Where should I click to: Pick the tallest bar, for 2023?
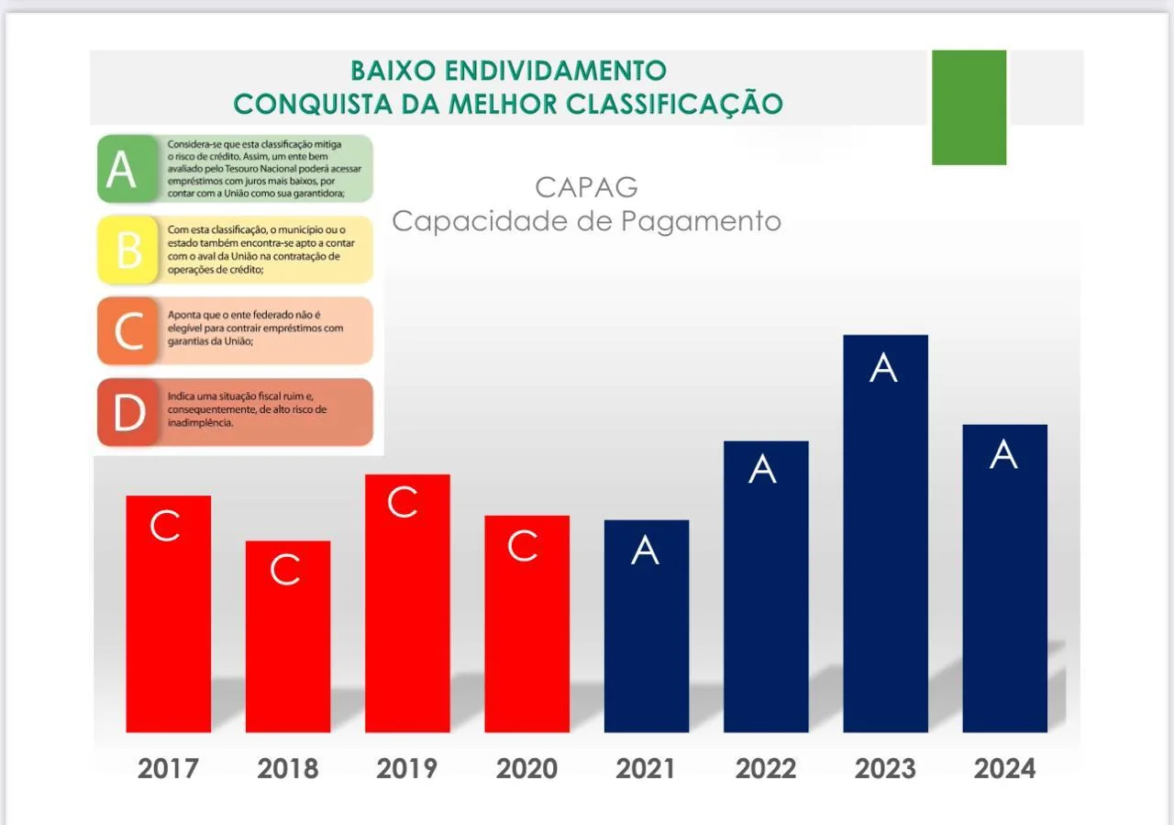point(885,533)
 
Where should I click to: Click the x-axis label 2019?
point(406,768)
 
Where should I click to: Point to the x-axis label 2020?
point(526,768)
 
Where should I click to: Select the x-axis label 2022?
point(766,768)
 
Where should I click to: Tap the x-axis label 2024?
point(1004,768)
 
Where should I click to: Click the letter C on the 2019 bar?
point(403,503)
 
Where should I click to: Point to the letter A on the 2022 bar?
point(762,470)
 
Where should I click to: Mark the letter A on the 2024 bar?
point(1003,455)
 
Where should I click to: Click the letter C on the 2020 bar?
point(522,546)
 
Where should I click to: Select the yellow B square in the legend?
point(129,250)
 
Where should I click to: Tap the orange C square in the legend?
point(128,330)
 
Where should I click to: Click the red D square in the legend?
point(128,412)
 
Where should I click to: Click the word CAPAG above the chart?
point(586,187)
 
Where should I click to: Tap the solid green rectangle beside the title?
point(969,107)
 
